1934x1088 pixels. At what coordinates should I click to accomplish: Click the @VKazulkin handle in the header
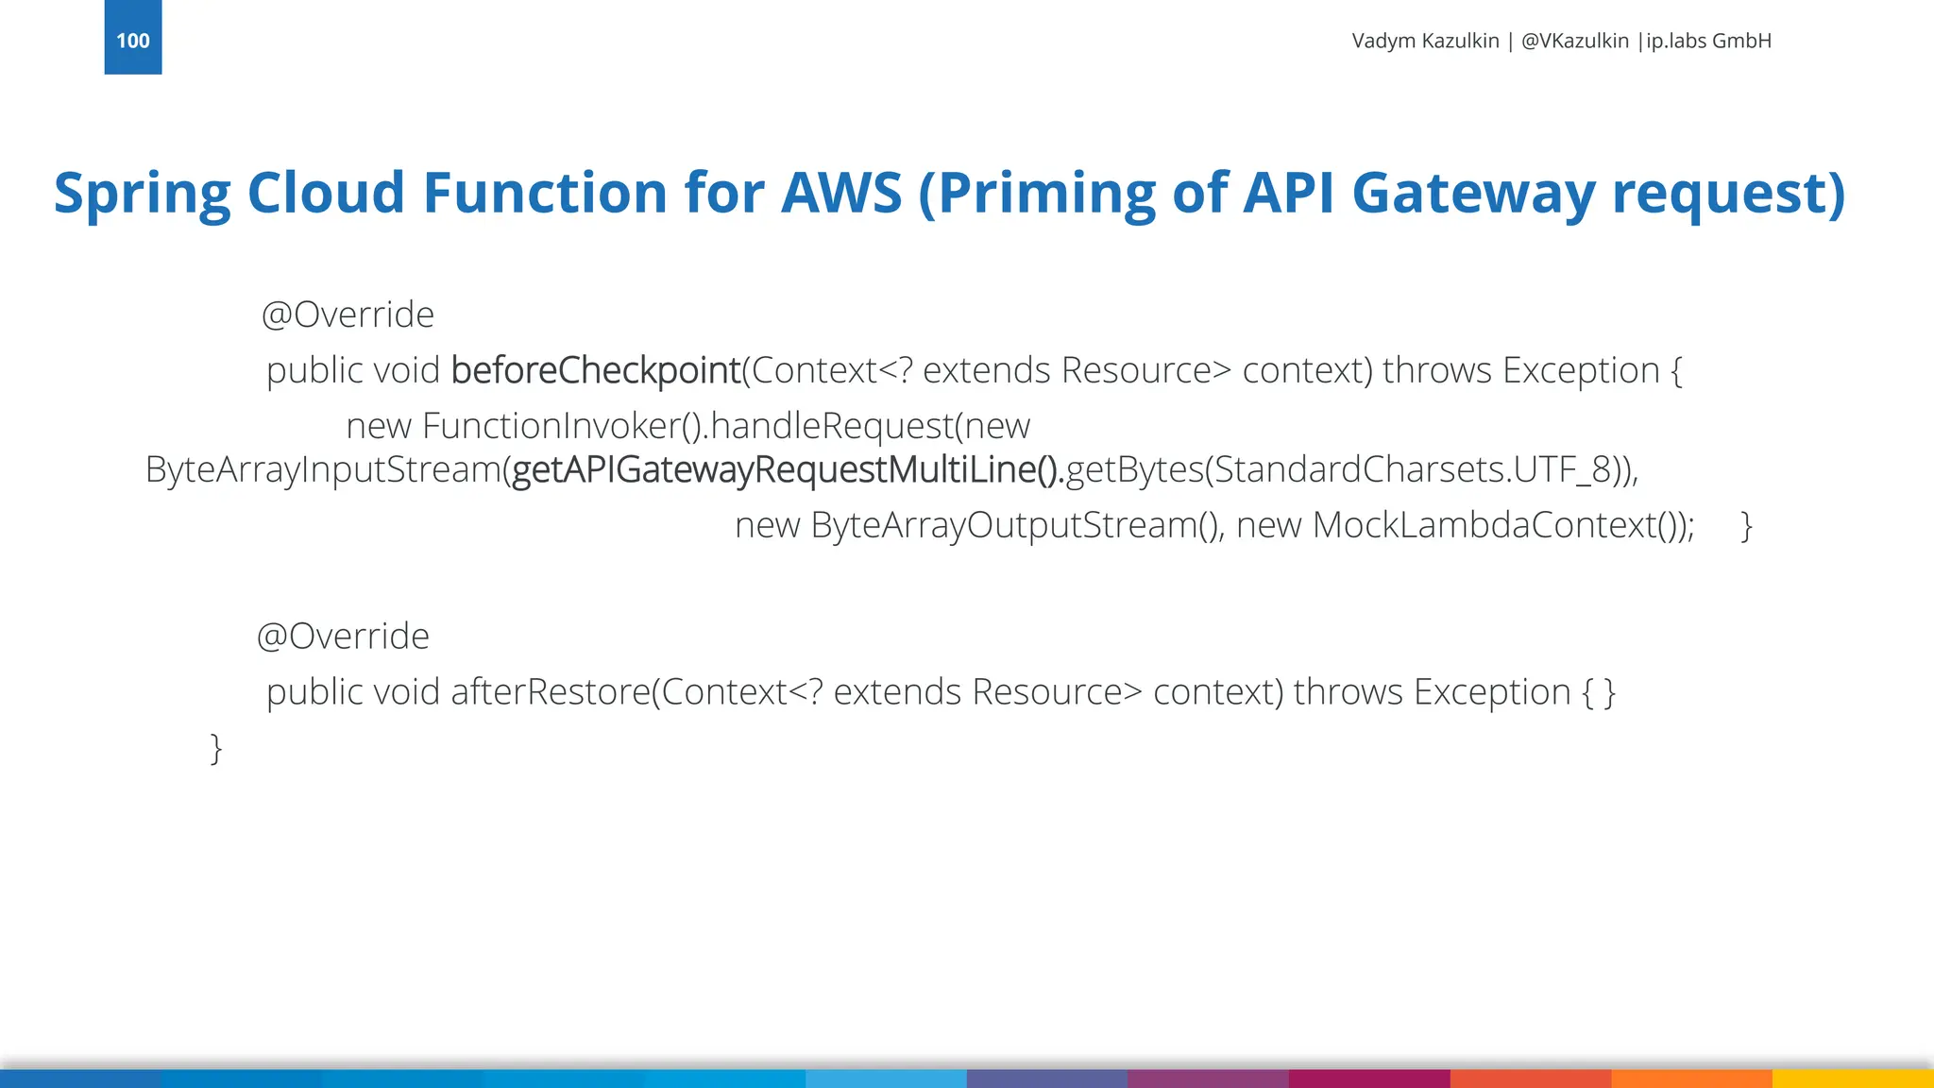[x=1574, y=41]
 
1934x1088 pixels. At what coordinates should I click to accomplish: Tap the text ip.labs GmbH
[x=1708, y=41]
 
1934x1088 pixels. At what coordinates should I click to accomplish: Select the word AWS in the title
[x=840, y=193]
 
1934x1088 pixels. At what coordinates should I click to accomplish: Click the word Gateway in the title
[x=1473, y=193]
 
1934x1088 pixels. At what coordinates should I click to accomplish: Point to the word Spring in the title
[x=142, y=195]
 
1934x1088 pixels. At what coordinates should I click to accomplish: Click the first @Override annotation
[x=347, y=314]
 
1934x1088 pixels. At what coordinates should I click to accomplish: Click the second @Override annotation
[x=342, y=637]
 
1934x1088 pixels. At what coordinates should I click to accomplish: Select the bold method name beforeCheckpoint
[x=595, y=370]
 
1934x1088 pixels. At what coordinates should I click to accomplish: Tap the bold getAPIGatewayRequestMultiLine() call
[x=787, y=469]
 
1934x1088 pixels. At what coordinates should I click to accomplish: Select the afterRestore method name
[x=550, y=692]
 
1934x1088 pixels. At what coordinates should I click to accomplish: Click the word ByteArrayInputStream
[x=322, y=469]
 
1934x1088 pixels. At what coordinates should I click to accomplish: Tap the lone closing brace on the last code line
[x=215, y=748]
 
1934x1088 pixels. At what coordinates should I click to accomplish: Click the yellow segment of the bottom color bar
[x=1853, y=1079]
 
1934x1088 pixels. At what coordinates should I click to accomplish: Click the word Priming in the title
[x=1046, y=195]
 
